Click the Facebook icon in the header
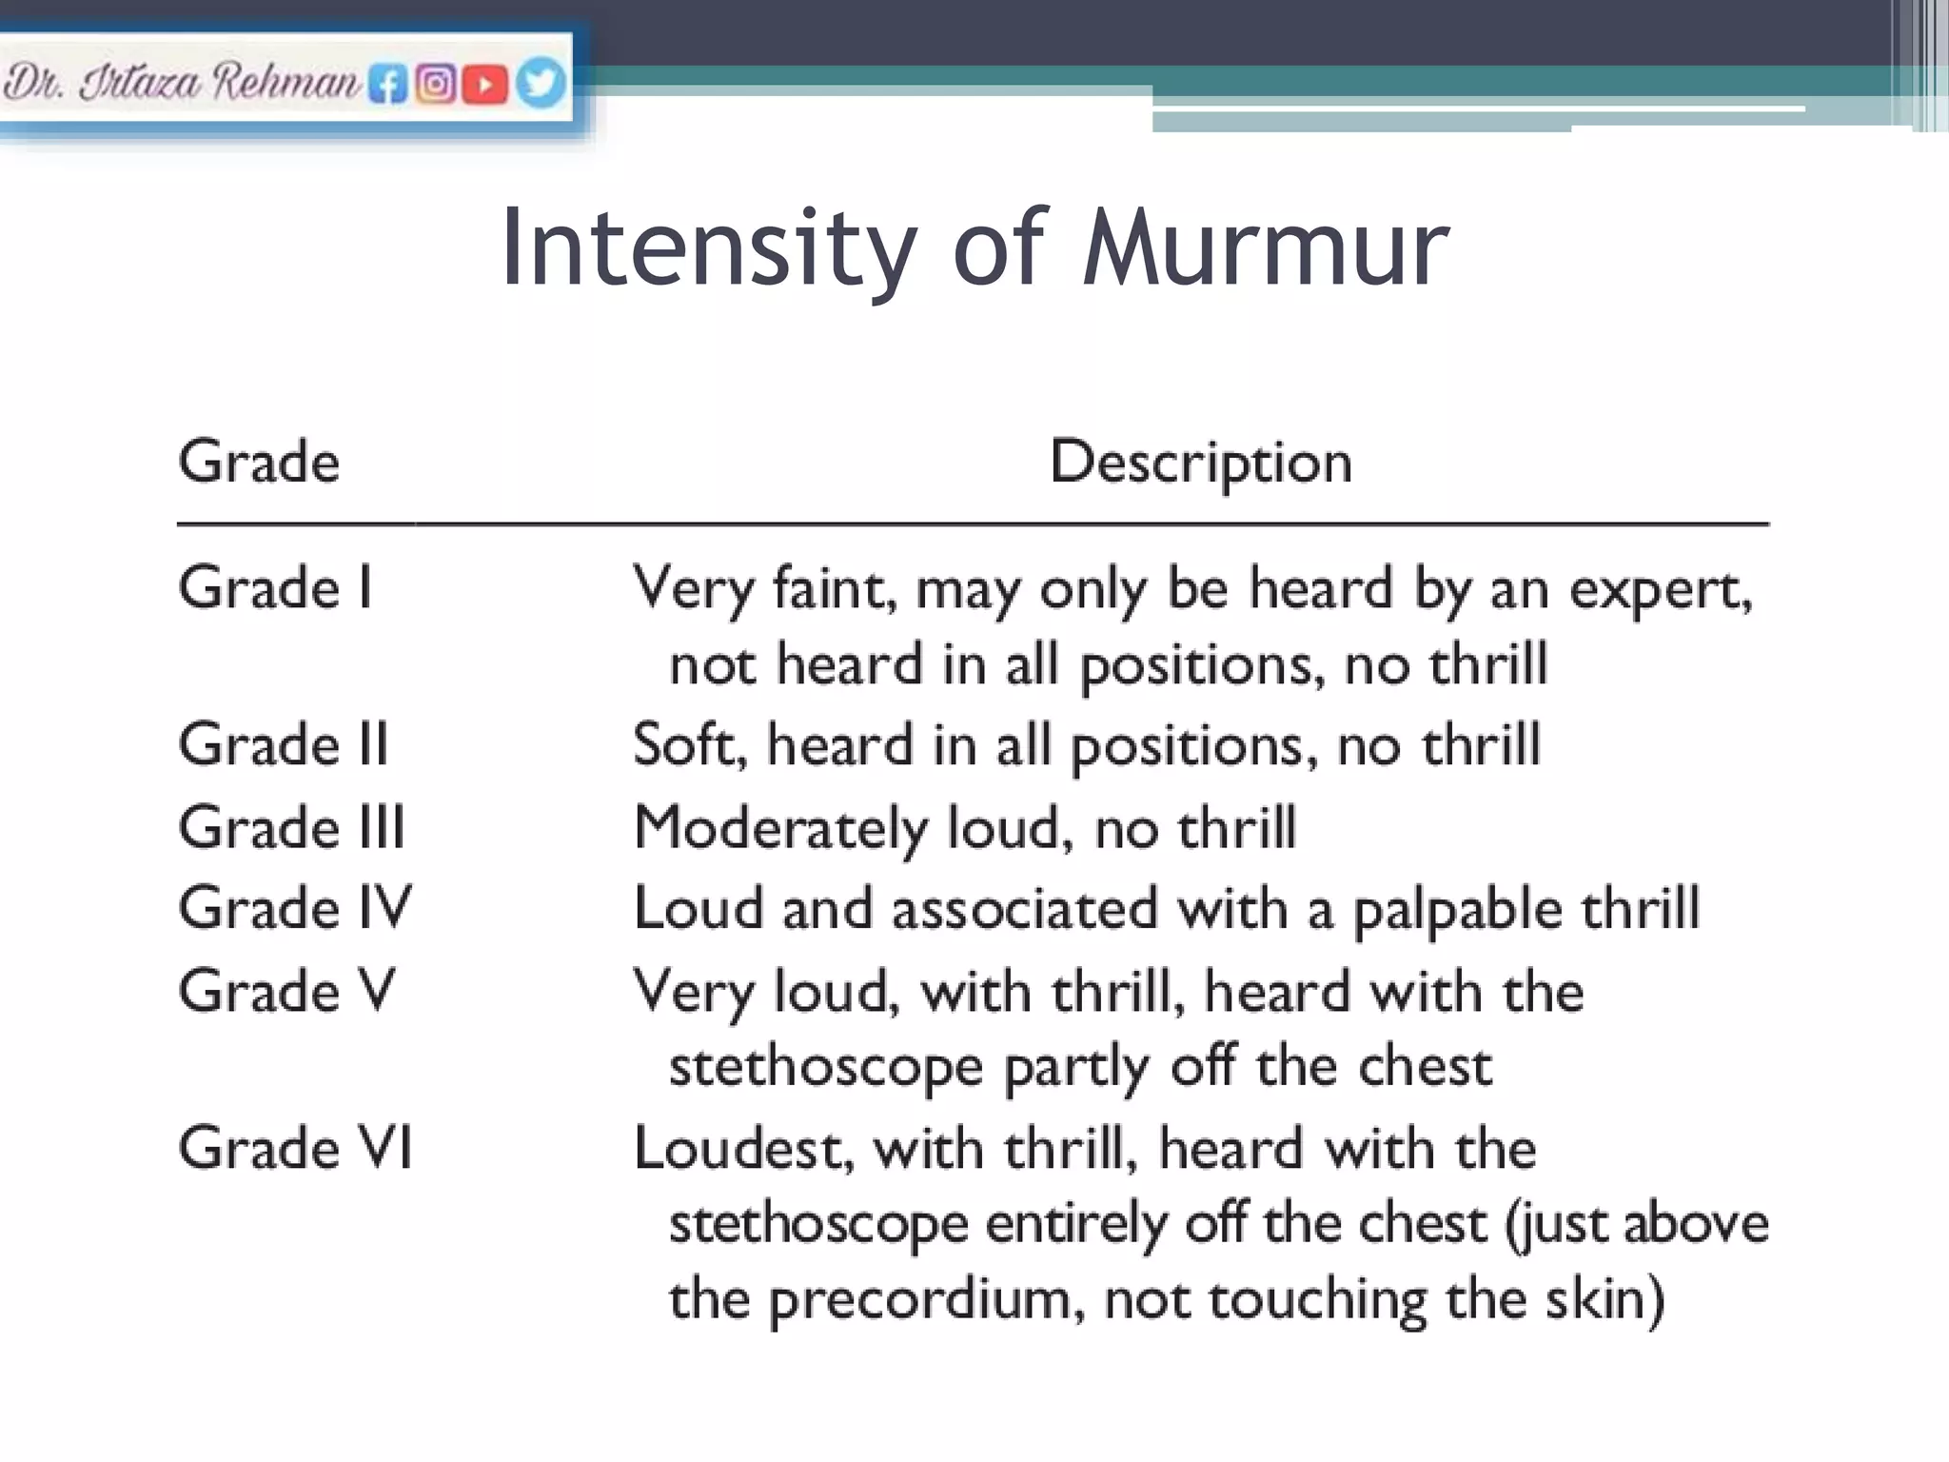[387, 85]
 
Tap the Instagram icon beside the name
[436, 85]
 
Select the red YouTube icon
[485, 85]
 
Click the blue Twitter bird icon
[540, 84]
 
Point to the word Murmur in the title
[1265, 248]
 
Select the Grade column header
[259, 463]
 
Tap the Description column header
[1200, 463]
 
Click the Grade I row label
[275, 587]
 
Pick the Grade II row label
[284, 744]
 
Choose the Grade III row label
[291, 826]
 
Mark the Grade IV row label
[295, 907]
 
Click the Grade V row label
[286, 990]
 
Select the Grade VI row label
[295, 1147]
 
